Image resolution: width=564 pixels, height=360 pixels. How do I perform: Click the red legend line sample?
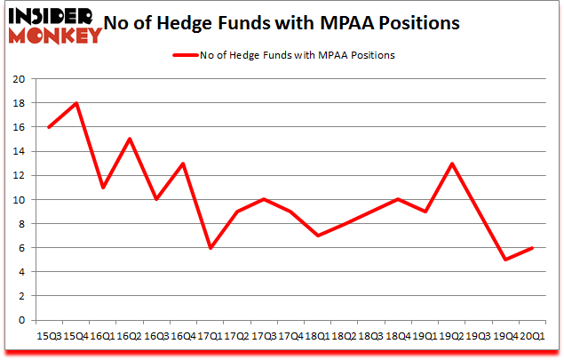tap(182, 55)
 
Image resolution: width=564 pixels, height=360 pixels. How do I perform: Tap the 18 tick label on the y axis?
tap(18, 103)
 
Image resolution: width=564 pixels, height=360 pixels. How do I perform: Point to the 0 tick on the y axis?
tap(21, 320)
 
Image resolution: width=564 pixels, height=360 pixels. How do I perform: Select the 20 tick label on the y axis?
tap(18, 78)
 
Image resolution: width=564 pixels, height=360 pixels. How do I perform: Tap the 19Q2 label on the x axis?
tap(452, 335)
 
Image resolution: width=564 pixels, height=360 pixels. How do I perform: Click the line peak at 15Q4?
tap(77, 103)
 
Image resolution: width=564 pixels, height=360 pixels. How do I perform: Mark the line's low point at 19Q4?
tap(504, 260)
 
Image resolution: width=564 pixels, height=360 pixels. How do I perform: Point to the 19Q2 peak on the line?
tap(453, 164)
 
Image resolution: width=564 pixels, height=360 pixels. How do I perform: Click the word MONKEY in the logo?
tap(55, 36)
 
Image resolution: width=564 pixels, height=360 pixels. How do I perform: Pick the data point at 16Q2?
tap(130, 139)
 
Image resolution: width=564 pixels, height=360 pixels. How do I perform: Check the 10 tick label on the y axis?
tap(18, 199)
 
